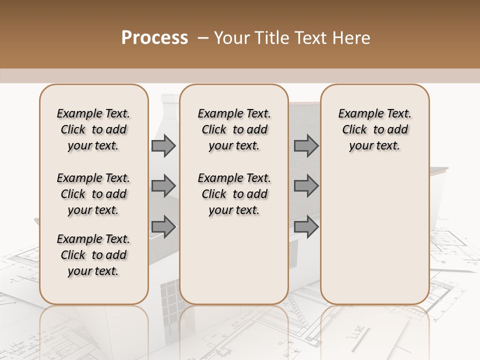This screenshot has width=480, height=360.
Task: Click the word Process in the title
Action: coord(154,37)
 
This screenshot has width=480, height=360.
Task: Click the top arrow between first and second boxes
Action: coord(163,146)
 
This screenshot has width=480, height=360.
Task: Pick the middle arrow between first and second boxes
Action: coord(163,186)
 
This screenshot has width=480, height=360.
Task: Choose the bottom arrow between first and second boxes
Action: coord(163,227)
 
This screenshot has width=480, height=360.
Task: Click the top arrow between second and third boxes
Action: coord(306,146)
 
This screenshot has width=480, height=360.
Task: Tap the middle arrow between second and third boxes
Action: coord(306,186)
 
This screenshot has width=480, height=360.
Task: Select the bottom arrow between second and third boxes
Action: coord(306,227)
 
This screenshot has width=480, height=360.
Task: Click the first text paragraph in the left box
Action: coord(93,129)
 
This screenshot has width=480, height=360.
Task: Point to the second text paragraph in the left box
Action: coord(93,194)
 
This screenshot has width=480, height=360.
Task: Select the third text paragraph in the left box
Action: coord(93,255)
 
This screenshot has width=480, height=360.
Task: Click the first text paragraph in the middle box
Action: coord(234,129)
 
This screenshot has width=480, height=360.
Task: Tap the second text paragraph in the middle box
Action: coord(234,194)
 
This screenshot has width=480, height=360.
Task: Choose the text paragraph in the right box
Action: coord(374,129)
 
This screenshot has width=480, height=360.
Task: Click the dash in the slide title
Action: coord(203,38)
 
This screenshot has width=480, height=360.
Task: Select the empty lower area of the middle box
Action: coord(234,260)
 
